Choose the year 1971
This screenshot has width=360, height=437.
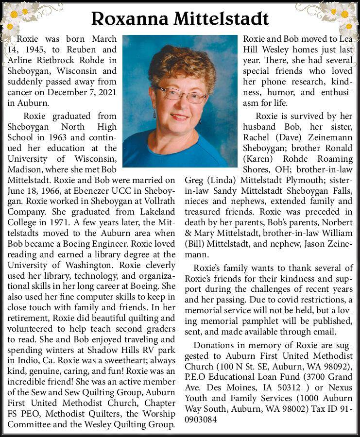(49, 223)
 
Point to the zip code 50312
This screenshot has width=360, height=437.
(288, 387)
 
